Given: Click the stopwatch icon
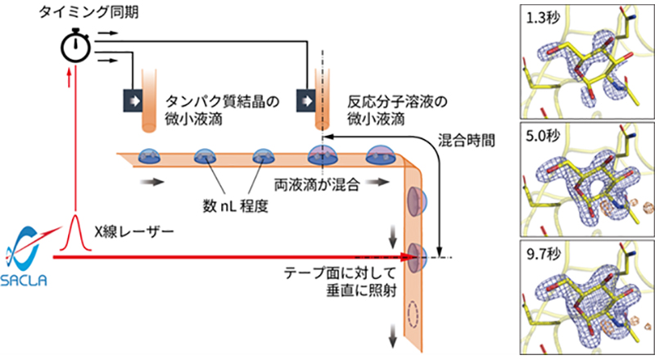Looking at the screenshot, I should click(75, 47).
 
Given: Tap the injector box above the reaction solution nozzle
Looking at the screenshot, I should click(308, 99).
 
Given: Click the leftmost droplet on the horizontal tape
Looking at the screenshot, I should click(150, 156).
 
